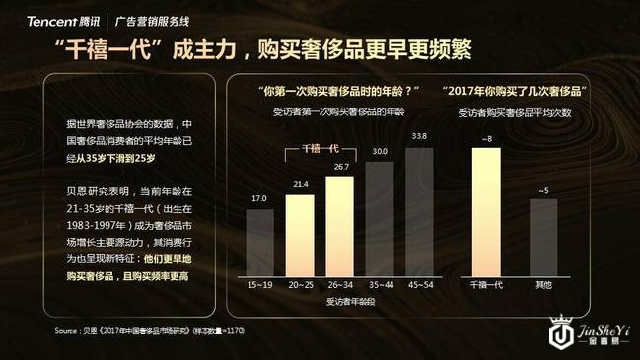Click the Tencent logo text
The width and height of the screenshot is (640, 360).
(x=49, y=19)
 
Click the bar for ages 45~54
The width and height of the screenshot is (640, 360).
(x=419, y=205)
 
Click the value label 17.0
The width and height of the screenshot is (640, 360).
(x=259, y=199)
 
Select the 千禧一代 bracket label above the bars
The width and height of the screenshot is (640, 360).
(x=320, y=148)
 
